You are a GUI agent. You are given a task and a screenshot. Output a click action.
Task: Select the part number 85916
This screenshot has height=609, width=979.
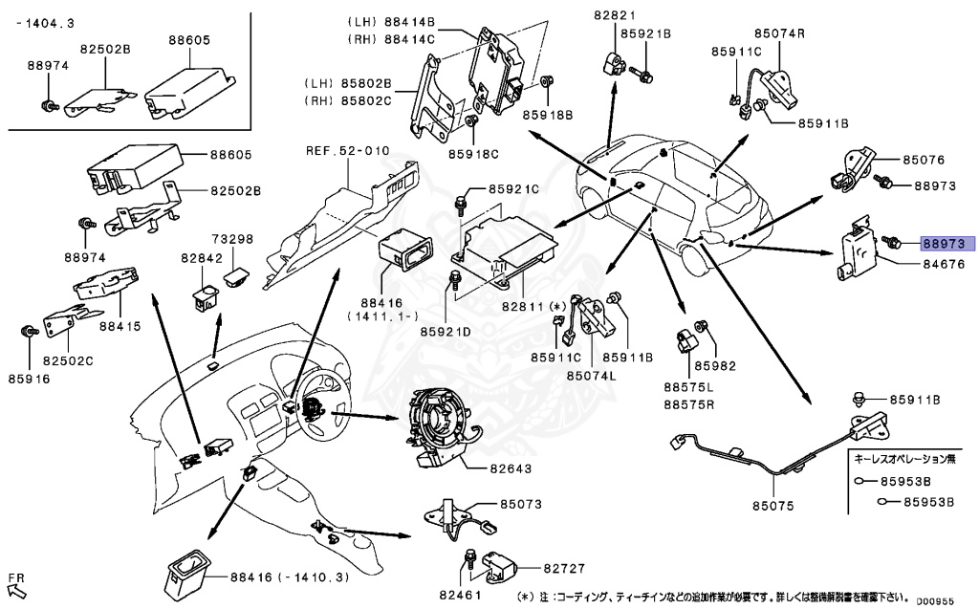point(29,379)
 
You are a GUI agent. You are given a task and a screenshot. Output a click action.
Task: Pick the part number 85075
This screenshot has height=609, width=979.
point(772,506)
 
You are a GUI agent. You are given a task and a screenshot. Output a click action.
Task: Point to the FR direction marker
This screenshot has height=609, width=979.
point(16,577)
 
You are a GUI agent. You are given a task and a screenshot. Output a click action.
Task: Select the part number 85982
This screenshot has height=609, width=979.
point(717,365)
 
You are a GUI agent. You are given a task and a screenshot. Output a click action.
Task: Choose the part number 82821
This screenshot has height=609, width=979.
point(614,15)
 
